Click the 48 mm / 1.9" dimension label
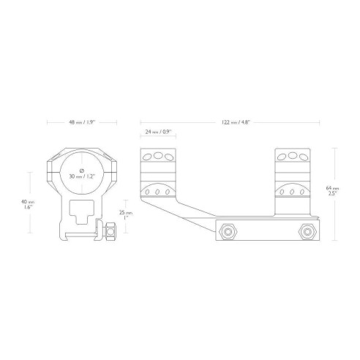[82, 122]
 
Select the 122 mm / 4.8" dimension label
[236, 122]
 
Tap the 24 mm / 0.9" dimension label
[158, 132]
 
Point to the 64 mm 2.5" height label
[332, 191]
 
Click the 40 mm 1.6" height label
[28, 204]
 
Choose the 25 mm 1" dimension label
[126, 215]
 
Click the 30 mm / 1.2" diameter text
[82, 176]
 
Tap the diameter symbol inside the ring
[82, 170]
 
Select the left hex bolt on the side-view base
[228, 231]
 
